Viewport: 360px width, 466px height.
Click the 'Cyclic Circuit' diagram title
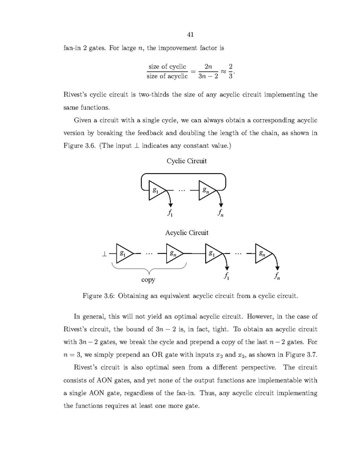pyautogui.click(x=186, y=161)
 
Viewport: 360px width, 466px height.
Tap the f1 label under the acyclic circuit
pyautogui.click(x=226, y=276)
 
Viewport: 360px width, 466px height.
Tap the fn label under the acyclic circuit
pyautogui.click(x=279, y=276)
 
